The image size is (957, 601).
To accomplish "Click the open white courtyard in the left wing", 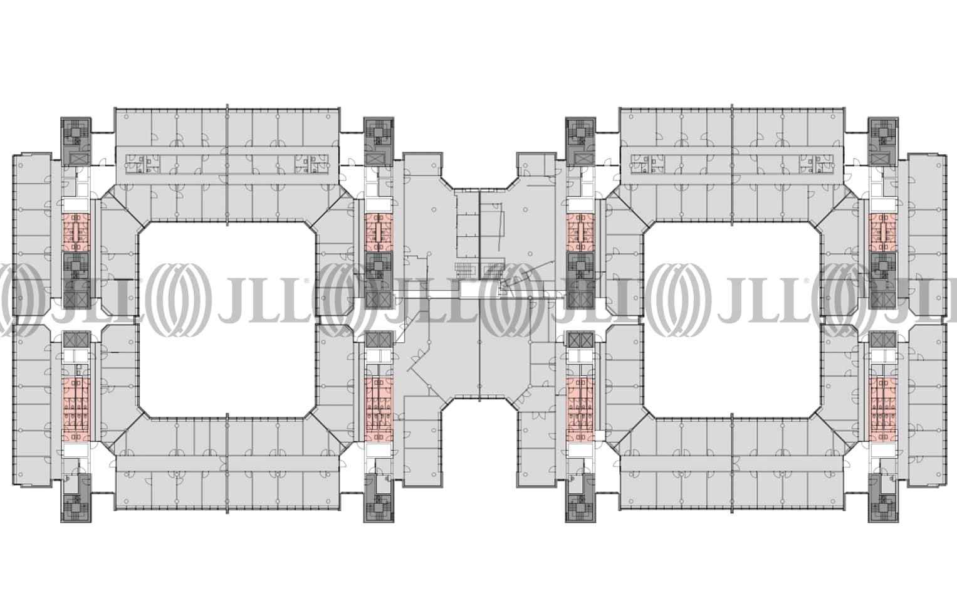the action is click(x=227, y=319).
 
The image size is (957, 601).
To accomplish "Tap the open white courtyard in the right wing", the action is click(x=732, y=319).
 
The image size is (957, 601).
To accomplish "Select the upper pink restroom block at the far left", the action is click(x=76, y=233).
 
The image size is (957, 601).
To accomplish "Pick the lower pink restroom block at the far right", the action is click(x=883, y=410).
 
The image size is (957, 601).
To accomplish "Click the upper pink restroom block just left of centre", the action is click(x=379, y=233).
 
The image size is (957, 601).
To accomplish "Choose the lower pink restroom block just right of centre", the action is click(x=580, y=410).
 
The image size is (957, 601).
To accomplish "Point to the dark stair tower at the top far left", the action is click(x=76, y=142).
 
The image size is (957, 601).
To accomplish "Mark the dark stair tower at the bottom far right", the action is click(x=883, y=498).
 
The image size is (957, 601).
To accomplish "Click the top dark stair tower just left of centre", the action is click(x=379, y=142).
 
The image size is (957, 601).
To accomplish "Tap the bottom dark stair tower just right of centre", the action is click(x=580, y=498).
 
